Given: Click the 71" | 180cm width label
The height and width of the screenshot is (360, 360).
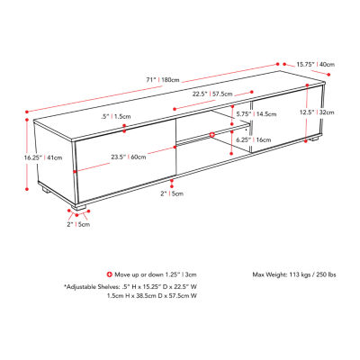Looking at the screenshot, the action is (163, 80).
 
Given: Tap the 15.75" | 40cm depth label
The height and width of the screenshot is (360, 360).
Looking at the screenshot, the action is (316, 64).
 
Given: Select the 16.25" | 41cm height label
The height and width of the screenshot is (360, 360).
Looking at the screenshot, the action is (43, 157).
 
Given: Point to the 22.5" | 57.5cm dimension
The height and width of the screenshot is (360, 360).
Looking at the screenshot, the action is (212, 94).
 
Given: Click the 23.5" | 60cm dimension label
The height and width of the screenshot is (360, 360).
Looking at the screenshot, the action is (129, 157).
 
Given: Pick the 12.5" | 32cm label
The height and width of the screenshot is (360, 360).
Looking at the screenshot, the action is (317, 112).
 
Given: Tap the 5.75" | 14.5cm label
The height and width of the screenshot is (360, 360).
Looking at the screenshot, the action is (256, 114).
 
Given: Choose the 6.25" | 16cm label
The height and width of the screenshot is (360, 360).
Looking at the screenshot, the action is (254, 139).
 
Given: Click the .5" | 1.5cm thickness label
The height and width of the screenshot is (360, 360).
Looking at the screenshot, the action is (116, 116).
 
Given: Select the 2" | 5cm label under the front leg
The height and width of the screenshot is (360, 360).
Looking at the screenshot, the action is (78, 224).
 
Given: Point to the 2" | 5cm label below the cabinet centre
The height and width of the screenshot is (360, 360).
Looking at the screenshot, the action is (172, 193).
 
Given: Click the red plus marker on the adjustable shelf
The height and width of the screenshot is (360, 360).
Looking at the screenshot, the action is (212, 135).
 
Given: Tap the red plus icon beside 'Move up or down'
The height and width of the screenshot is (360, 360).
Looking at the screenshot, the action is (110, 274).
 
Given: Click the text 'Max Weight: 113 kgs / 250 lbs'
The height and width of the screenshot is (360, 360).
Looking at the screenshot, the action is (294, 274).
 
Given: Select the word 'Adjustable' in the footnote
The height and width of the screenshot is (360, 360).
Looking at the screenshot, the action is (81, 286).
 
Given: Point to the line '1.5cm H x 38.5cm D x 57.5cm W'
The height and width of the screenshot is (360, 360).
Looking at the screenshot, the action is (152, 296).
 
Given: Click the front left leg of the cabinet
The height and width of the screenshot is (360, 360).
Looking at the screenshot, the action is (79, 207).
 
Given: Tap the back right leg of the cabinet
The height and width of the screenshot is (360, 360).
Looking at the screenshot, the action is (314, 139).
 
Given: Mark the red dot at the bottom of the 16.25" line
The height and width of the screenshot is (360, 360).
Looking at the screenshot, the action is (27, 189).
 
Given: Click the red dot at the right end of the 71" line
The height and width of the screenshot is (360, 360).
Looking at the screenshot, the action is (277, 64).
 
